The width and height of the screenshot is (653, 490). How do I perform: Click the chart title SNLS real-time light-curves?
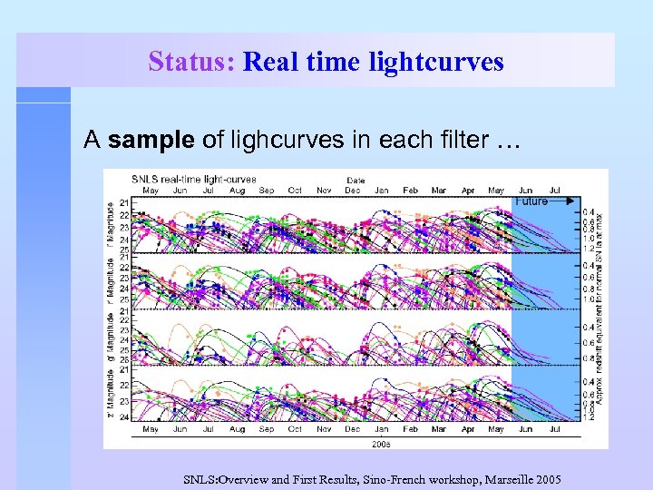tap(194, 180)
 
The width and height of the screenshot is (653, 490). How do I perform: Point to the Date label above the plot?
tap(356, 180)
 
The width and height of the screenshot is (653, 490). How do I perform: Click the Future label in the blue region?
tap(531, 201)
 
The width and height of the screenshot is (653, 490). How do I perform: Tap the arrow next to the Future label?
tap(562, 201)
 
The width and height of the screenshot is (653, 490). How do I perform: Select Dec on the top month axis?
tap(352, 190)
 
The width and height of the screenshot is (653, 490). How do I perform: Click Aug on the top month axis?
tap(238, 190)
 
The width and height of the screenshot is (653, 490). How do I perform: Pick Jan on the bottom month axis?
tap(382, 429)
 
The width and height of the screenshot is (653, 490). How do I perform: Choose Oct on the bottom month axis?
tap(295, 429)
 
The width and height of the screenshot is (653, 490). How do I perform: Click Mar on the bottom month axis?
tap(439, 429)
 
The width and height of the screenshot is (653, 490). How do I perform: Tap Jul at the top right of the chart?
tap(555, 190)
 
